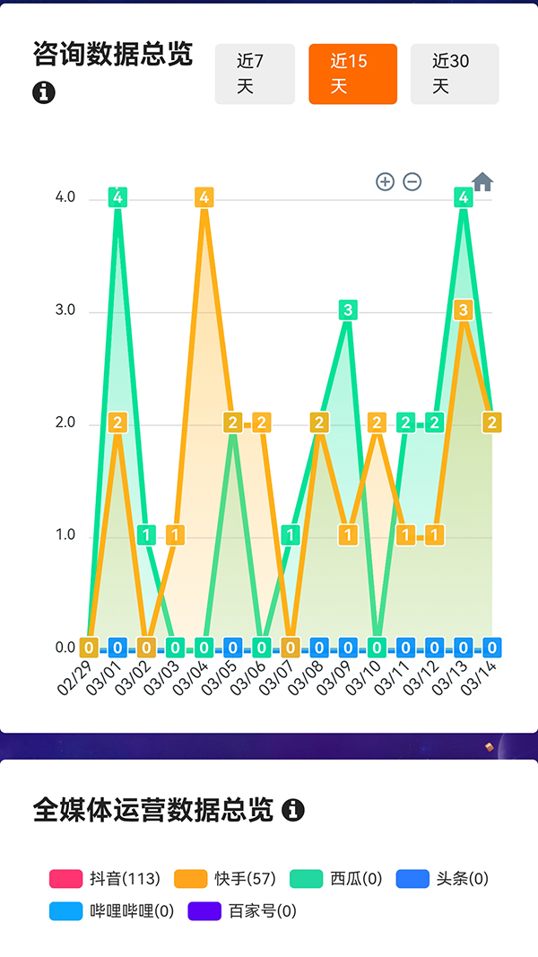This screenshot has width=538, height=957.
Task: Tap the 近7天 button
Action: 255,74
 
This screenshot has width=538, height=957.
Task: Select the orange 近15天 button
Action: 352,74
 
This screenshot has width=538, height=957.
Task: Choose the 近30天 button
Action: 455,74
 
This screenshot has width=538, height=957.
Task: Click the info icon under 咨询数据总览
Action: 44,92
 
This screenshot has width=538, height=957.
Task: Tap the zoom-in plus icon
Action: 385,182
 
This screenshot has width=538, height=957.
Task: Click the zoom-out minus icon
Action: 412,182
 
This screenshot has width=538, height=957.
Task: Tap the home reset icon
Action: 482,182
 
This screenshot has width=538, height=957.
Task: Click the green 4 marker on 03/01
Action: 117,197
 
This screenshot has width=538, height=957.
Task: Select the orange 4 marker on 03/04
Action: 204,197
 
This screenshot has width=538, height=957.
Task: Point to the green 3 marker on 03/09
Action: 348,310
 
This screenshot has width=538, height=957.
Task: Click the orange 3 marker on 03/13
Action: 464,310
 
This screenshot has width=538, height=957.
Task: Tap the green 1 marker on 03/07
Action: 291,535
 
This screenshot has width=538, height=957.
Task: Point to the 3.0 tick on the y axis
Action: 65,310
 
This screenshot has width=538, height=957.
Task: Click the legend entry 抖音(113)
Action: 105,879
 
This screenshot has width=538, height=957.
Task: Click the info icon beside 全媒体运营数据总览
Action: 293,811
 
